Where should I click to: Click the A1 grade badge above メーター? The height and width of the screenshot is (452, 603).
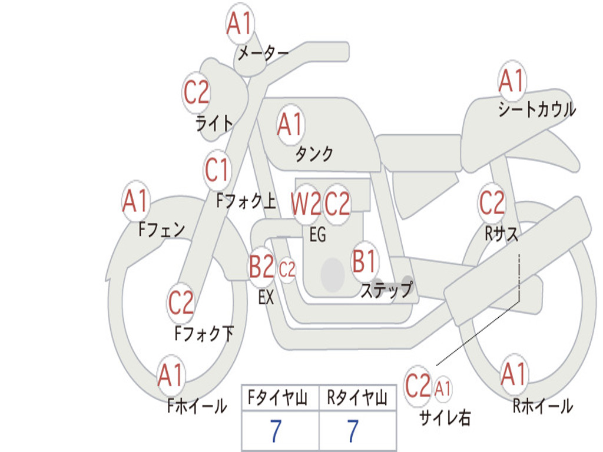[240, 23]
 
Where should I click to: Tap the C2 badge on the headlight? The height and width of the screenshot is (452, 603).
[196, 92]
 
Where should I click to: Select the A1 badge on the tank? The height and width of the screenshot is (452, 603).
[290, 125]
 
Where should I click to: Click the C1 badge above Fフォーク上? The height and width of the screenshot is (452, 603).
[217, 170]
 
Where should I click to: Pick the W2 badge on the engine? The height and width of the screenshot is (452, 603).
[306, 204]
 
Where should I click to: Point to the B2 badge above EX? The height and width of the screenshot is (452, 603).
[262, 267]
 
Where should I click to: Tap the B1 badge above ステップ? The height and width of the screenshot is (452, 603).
[364, 261]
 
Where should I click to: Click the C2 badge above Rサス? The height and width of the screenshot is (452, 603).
[492, 202]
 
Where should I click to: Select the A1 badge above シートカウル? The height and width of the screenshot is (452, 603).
[512, 81]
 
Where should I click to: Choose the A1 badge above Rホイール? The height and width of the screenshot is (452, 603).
[514, 374]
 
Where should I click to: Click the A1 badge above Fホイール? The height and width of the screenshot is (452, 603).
[171, 375]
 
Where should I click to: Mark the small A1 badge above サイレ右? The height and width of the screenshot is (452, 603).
[443, 389]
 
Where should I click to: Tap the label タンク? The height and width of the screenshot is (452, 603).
[314, 154]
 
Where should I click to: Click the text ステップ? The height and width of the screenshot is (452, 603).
[386, 290]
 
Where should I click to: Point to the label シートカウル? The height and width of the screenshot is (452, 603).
[537, 109]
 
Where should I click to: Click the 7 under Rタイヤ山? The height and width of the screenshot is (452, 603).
[353, 431]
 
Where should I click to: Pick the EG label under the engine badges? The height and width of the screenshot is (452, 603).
[318, 235]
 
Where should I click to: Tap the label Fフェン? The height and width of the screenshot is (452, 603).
[162, 230]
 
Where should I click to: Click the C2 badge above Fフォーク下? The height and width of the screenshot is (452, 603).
[181, 303]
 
